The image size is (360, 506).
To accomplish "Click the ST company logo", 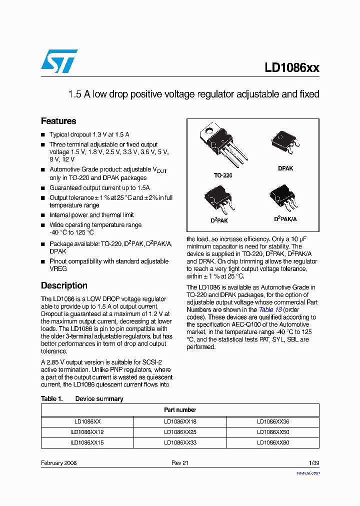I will coord(59,61).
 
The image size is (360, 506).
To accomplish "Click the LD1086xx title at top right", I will coord(292,68).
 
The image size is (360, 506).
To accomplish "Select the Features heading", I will coord(58,121).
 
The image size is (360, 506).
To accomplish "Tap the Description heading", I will coord(64,285).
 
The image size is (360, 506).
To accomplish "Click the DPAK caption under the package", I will coord(285,168).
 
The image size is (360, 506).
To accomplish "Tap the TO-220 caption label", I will coord(223,175).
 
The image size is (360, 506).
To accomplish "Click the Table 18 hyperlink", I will coord(270,309).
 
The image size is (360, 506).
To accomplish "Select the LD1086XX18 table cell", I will coord(180,421).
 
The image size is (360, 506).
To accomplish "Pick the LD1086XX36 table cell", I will coord(273,421).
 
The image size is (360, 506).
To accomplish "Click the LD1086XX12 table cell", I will coord(87,432).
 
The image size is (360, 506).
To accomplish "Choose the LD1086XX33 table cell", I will coord(180,442).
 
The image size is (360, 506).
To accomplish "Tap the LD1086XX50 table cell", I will coord(273,432).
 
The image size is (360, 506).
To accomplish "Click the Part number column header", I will coord(180,410).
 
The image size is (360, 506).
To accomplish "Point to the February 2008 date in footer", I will coord(58,463).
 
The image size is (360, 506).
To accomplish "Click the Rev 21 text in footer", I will coord(180,463).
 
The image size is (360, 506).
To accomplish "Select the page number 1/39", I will coord(313,463).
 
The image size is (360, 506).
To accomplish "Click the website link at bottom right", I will coord(308,472).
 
